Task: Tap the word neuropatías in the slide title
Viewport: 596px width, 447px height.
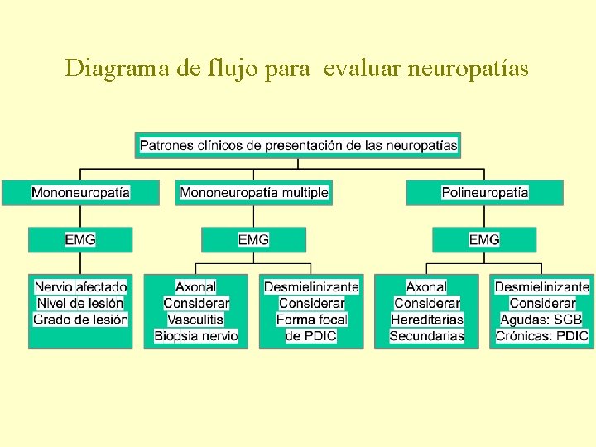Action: (x=468, y=69)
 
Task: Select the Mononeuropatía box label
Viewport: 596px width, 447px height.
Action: (x=80, y=193)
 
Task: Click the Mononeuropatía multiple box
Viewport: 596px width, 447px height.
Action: (x=254, y=193)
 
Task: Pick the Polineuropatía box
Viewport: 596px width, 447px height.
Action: (x=484, y=193)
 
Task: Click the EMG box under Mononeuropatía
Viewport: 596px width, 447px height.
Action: (x=80, y=239)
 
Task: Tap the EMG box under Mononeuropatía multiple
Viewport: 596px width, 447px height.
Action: (x=253, y=239)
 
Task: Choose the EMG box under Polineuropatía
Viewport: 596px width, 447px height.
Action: (x=484, y=239)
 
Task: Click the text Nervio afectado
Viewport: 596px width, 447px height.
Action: (x=80, y=286)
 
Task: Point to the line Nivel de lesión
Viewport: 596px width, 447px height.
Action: (x=80, y=303)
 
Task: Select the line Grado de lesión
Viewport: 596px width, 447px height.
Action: (x=80, y=319)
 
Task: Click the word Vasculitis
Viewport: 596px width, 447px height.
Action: (x=195, y=320)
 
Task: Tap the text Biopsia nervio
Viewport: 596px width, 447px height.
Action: (x=196, y=336)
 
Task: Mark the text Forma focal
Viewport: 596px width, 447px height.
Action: (x=311, y=320)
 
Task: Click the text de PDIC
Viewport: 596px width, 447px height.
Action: (x=311, y=336)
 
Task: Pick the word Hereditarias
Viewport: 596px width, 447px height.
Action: (x=426, y=320)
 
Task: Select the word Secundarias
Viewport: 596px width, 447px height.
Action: (x=426, y=336)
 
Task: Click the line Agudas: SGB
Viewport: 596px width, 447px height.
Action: (x=541, y=320)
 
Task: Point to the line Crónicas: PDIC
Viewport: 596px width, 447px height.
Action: (x=541, y=336)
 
